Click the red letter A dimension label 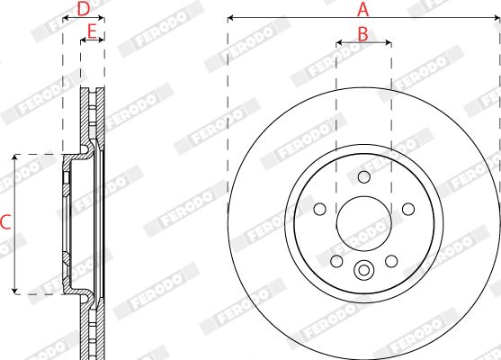[x=363, y=10]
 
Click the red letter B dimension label [x=362, y=34]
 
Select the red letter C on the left [x=5, y=222]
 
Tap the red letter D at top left [x=84, y=9]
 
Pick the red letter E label [x=92, y=32]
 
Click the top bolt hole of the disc [x=364, y=176]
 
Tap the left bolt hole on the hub [x=320, y=210]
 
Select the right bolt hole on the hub [x=408, y=210]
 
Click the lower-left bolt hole [x=336, y=261]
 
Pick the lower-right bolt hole [x=391, y=261]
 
